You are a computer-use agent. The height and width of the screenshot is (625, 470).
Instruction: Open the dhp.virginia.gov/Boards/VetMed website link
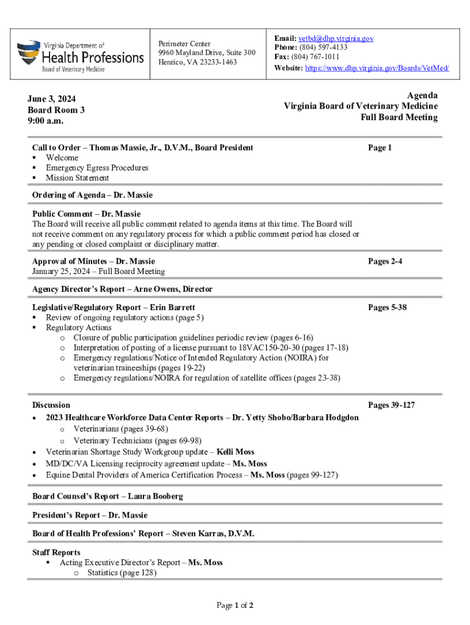pyautogui.click(x=377, y=68)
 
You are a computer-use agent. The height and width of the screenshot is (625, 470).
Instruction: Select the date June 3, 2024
pyautogui.click(x=52, y=99)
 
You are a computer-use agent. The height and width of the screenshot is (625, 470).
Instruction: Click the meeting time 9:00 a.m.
pyautogui.click(x=46, y=121)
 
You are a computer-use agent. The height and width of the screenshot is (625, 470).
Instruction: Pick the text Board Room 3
pyautogui.click(x=56, y=110)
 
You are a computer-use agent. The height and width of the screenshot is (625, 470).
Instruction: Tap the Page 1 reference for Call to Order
pyautogui.click(x=380, y=148)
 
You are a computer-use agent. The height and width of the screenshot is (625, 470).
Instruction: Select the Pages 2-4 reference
pyautogui.click(x=385, y=261)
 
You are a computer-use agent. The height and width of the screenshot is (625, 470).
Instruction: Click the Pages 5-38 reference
pyautogui.click(x=387, y=308)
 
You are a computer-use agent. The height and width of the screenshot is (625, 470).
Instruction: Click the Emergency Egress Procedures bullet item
pyautogui.click(x=97, y=168)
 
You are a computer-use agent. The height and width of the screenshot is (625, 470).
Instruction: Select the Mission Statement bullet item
pyautogui.click(x=78, y=178)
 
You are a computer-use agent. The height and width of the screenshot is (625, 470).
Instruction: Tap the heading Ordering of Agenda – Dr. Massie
pyautogui.click(x=92, y=195)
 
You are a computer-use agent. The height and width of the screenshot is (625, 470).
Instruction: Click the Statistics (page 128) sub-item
pyautogui.click(x=122, y=573)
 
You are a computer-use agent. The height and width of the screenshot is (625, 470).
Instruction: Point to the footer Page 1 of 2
pyautogui.click(x=235, y=605)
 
